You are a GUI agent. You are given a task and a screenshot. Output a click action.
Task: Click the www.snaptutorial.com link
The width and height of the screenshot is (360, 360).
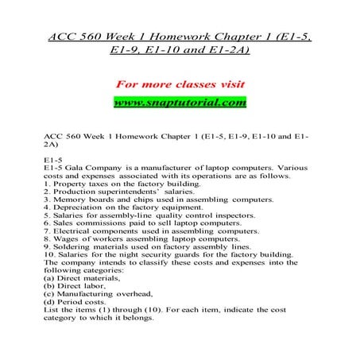[x=180, y=103]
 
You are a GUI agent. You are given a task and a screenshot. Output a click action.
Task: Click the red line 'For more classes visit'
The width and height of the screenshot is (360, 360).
[x=180, y=83]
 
